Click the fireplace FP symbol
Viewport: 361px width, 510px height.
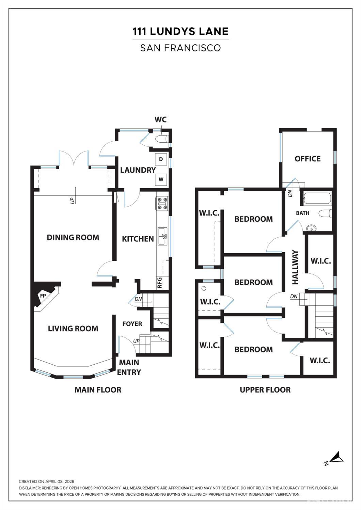[x=43, y=296]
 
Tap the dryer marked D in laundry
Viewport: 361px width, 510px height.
[x=161, y=159]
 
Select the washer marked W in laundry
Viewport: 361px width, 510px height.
[x=161, y=179]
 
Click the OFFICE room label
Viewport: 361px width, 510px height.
[x=308, y=159]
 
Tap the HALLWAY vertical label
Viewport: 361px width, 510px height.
[x=295, y=267]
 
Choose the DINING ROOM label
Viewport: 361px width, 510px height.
[x=73, y=238]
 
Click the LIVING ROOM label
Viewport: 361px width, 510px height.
[x=73, y=329]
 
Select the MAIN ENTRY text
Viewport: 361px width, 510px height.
[x=129, y=367]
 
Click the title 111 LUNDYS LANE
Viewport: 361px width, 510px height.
[x=180, y=32]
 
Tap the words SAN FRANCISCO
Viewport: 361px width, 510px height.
[x=180, y=48]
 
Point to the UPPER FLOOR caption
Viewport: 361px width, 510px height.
[x=265, y=390]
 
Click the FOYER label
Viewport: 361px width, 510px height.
[x=132, y=324]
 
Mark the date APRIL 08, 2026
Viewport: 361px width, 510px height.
[x=60, y=481]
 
